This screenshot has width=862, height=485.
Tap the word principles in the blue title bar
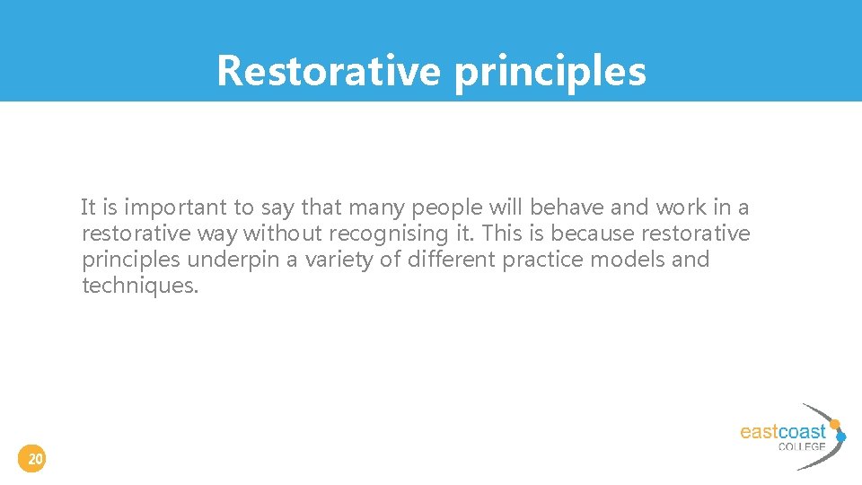click(x=550, y=71)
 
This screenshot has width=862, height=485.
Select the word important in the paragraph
click(x=176, y=208)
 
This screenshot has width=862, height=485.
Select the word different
click(x=451, y=260)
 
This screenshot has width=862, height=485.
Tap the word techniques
click(x=139, y=287)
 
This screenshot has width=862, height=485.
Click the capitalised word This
click(x=504, y=234)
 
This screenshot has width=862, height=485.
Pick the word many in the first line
click(x=376, y=208)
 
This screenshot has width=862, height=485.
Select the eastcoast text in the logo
click(x=782, y=432)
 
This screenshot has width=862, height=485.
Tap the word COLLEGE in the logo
click(x=802, y=446)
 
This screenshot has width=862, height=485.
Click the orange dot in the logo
click(x=834, y=423)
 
